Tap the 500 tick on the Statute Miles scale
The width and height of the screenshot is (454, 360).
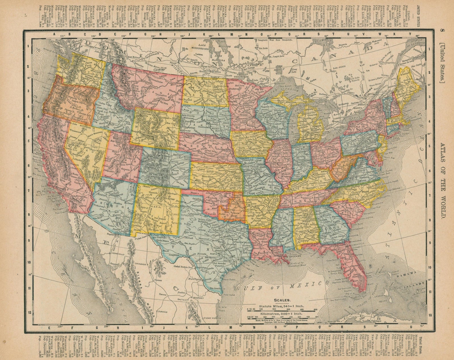[x=317, y=310]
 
